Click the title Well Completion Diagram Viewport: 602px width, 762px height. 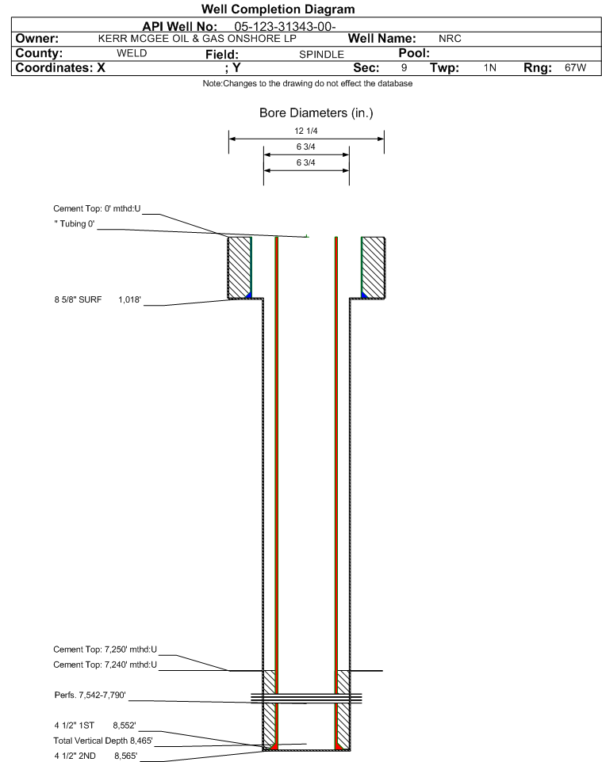(x=278, y=10)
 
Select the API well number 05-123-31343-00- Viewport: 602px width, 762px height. (x=286, y=27)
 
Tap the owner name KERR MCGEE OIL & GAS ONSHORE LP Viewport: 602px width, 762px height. (x=197, y=39)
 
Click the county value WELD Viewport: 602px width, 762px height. (x=132, y=53)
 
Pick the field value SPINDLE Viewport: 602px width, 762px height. (x=322, y=55)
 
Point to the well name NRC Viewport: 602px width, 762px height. (x=450, y=39)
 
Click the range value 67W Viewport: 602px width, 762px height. (x=575, y=67)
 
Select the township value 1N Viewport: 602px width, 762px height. (x=490, y=67)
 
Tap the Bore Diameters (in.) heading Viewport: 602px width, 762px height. (x=316, y=112)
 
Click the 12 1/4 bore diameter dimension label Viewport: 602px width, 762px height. (x=305, y=131)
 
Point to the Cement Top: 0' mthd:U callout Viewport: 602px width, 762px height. (x=97, y=208)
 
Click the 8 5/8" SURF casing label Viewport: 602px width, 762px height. (x=78, y=299)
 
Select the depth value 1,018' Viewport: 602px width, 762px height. (x=129, y=299)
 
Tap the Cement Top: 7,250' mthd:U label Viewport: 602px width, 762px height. (x=105, y=650)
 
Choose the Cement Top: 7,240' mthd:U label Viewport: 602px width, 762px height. (x=105, y=665)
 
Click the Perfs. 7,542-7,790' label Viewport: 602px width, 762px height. (x=90, y=695)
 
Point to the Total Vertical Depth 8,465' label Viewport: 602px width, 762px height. (x=103, y=741)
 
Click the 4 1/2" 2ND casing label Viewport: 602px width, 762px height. (x=75, y=756)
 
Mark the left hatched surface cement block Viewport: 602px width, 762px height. (x=240, y=267)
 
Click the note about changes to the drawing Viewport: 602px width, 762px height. (x=308, y=84)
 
